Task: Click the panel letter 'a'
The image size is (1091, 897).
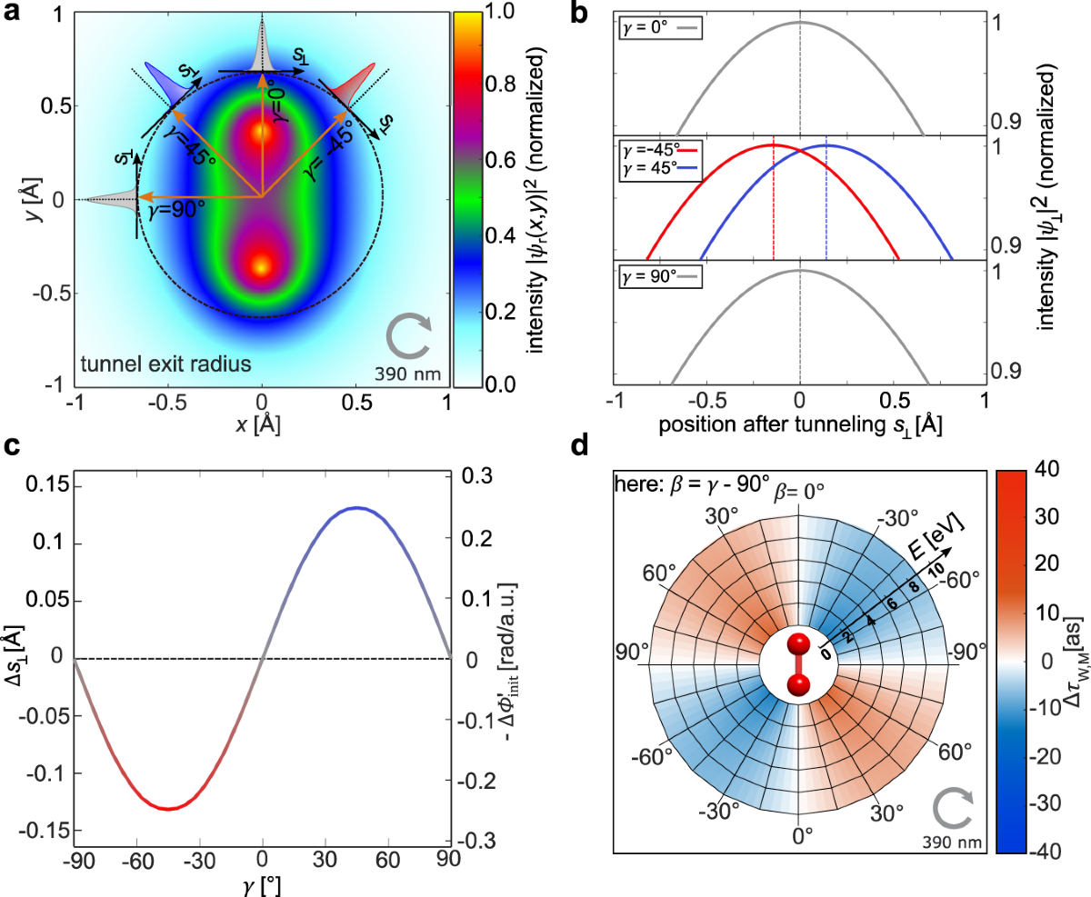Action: [x=12, y=12]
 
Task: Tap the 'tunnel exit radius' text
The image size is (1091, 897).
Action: [x=165, y=364]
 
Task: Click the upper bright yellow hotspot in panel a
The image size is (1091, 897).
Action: [x=262, y=133]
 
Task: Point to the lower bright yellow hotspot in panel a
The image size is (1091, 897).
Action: [x=262, y=267]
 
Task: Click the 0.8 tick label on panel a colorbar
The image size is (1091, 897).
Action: [x=501, y=84]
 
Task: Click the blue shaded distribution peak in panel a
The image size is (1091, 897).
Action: [x=165, y=83]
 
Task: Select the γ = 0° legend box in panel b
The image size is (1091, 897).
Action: [x=660, y=28]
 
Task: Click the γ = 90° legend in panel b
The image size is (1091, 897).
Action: [x=660, y=276]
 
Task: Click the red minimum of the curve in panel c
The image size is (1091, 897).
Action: [x=168, y=809]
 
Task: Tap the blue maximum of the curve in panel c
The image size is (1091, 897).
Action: [x=356, y=508]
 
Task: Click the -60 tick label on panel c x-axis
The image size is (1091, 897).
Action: [x=136, y=859]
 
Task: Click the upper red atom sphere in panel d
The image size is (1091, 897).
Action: [x=799, y=644]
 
